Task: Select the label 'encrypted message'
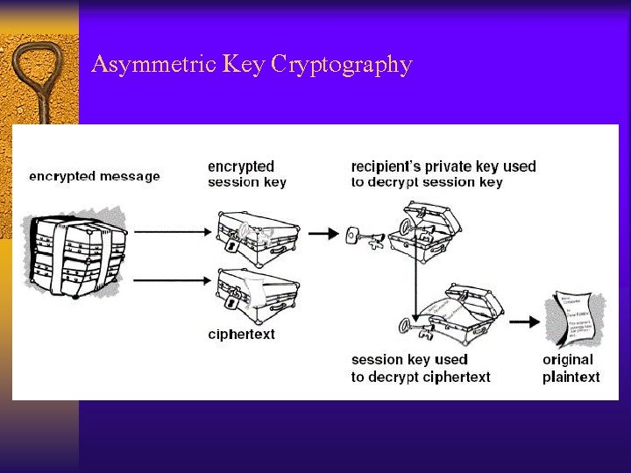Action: tap(95, 176)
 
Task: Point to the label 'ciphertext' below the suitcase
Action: tap(242, 334)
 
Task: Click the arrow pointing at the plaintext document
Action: tap(525, 321)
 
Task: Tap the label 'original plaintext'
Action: tap(571, 368)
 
